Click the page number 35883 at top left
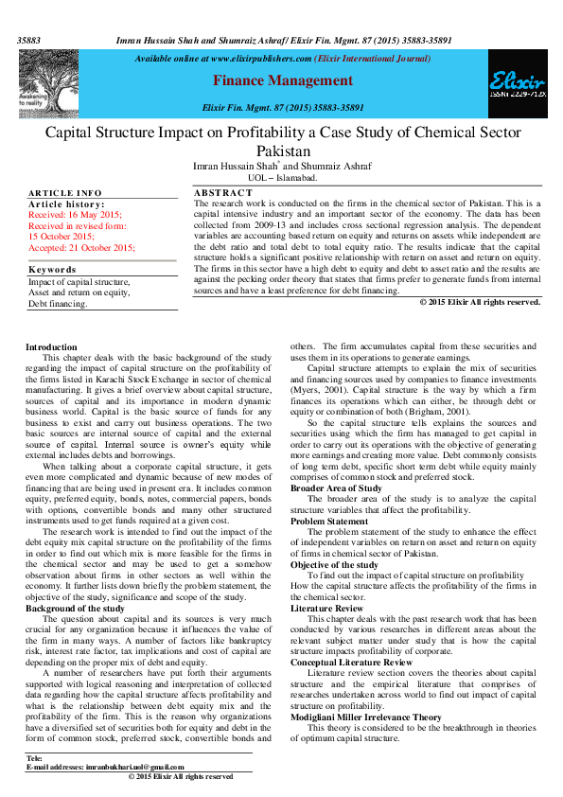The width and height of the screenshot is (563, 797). click(29, 43)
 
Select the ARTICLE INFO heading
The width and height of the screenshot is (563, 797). click(64, 193)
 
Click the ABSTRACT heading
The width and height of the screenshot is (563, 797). click(222, 193)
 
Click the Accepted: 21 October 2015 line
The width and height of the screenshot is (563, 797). click(81, 246)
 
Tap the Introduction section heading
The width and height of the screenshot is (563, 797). click(51, 348)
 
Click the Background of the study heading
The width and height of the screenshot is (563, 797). click(75, 608)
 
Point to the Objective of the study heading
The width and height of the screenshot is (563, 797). click(334, 565)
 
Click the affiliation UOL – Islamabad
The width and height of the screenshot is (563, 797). click(269, 177)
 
